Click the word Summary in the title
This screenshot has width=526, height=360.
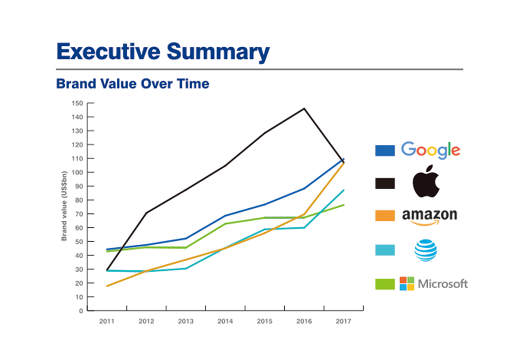tap(218, 52)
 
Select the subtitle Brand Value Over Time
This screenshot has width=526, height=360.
tap(132, 84)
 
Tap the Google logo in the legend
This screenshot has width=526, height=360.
tap(430, 150)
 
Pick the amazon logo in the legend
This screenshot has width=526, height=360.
tap(429, 216)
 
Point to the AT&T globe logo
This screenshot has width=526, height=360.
tap(426, 250)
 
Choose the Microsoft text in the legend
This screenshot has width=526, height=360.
tap(443, 284)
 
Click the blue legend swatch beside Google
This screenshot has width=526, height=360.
tap(385, 150)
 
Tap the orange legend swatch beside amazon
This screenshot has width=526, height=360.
tap(385, 216)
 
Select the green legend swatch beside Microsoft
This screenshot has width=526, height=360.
tap(385, 284)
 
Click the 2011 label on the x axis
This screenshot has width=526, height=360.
tap(107, 322)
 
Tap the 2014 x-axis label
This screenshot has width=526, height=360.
tap(225, 322)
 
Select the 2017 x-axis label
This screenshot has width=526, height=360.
tap(343, 322)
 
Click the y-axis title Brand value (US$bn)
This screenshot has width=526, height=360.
tap(64, 206)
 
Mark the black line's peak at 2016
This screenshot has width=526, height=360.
tap(304, 108)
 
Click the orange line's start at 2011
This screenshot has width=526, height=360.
tap(107, 286)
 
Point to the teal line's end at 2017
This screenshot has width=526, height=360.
tap(344, 190)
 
